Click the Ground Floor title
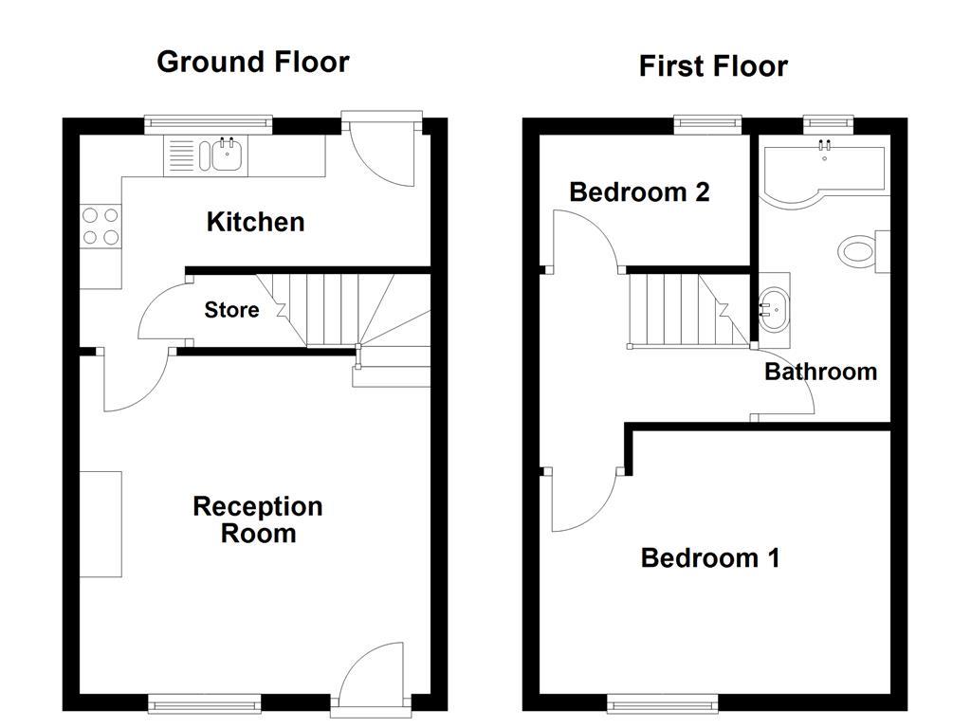(253, 62)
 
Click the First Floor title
(713, 66)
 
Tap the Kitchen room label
(256, 223)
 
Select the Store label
(231, 310)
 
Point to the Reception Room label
(258, 519)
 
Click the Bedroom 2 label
(639, 192)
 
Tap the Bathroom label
(820, 372)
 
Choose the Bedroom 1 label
(710, 557)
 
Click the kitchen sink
(226, 155)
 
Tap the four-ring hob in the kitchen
(101, 227)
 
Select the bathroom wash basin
(774, 309)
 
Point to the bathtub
(822, 172)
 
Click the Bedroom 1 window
(663, 702)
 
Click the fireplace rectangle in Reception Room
(101, 523)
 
